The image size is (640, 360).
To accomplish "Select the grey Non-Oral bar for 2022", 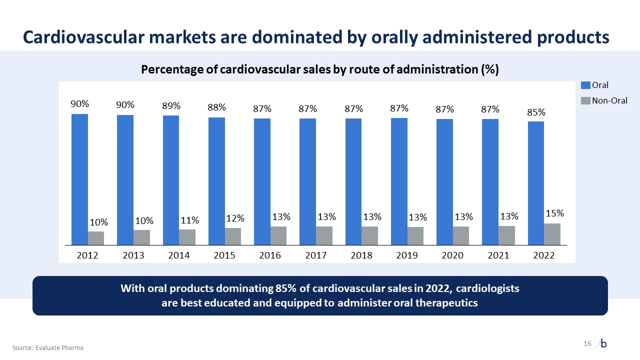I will [x=552, y=234].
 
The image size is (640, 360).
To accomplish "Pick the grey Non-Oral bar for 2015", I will [x=232, y=236].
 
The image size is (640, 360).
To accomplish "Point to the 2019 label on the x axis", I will [x=407, y=255].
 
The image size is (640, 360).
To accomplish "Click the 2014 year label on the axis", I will [x=179, y=255].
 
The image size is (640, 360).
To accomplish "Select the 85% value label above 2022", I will [x=535, y=112].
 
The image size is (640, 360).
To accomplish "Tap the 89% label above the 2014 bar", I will [x=171, y=106].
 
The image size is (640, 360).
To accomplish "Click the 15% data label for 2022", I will [x=554, y=213].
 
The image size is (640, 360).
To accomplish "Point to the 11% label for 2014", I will [x=190, y=220].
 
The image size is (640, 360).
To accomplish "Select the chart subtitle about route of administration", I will [x=320, y=69].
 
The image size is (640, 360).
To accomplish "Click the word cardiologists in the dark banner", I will [x=487, y=289].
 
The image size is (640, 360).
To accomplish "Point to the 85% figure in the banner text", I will [x=285, y=289].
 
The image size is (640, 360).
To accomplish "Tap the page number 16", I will [x=587, y=343].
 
